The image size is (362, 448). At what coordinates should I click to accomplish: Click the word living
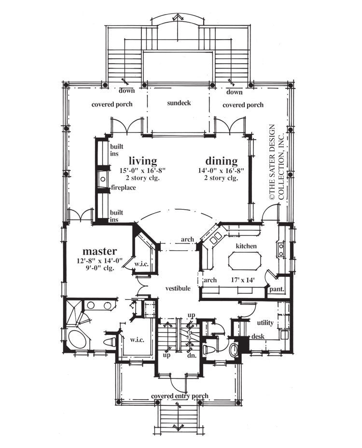142,160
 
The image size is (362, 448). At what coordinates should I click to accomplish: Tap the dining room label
222,161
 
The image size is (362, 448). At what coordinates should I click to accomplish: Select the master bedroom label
99,251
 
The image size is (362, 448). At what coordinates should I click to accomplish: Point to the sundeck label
179,103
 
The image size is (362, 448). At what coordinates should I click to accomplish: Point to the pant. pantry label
277,290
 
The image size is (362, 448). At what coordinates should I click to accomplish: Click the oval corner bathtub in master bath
76,339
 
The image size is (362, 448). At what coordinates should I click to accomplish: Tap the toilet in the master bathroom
110,342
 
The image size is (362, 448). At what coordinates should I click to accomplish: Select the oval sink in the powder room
234,349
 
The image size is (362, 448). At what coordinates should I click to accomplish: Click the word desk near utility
257,336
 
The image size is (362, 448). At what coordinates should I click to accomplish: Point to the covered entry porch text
180,396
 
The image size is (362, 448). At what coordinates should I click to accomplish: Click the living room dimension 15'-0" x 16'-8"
142,170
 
